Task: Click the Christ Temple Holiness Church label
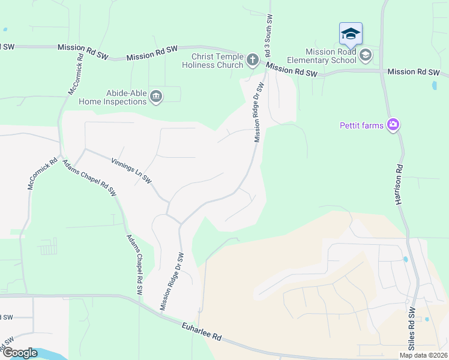[212, 60]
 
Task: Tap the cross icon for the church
[252, 59]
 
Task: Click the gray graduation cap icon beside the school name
[364, 56]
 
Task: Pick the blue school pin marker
[351, 34]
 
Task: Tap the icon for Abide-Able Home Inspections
[156, 97]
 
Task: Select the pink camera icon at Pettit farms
[393, 125]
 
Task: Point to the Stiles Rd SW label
[412, 329]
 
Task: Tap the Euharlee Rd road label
[202, 331]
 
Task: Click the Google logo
[20, 353]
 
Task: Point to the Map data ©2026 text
[424, 355]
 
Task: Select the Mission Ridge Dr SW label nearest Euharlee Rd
[170, 281]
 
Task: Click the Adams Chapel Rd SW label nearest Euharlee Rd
[134, 263]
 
